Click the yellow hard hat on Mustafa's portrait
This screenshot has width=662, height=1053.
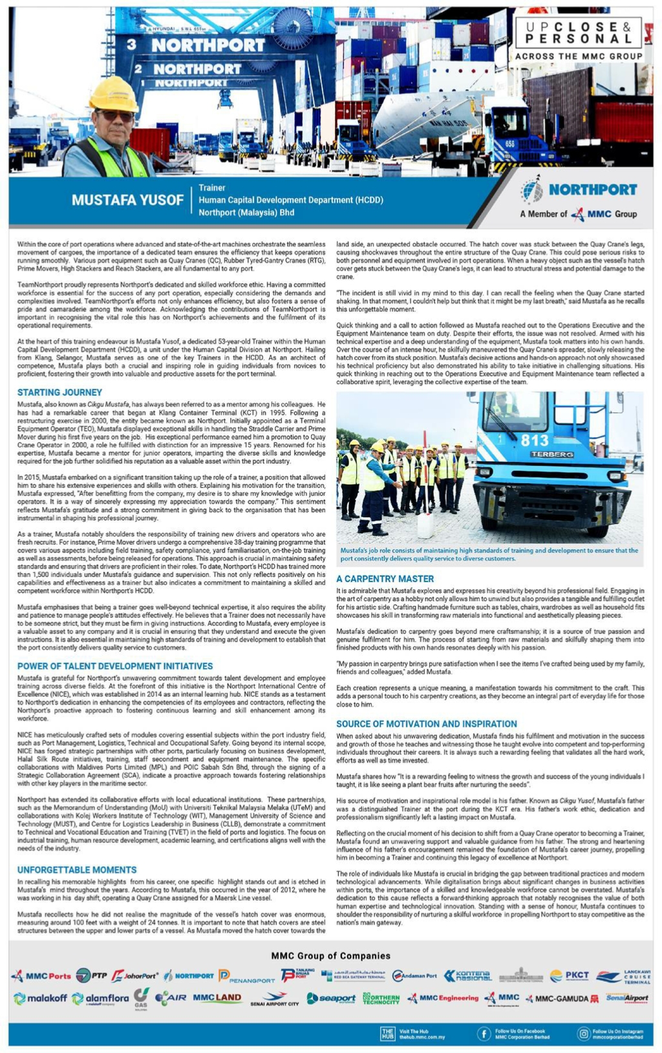coord(113,94)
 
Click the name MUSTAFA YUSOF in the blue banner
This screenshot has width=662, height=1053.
coord(127,200)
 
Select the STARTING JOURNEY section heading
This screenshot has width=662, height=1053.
coord(59,392)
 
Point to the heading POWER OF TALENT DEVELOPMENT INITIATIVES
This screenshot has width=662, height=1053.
coord(115,666)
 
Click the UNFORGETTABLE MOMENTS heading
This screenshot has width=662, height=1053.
coord(77,869)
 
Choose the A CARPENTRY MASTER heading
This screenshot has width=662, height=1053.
coord(385,578)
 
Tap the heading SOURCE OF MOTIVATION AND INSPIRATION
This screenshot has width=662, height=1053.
coord(426,724)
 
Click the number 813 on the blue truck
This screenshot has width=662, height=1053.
coord(535,440)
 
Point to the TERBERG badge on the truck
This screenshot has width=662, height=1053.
coord(551,454)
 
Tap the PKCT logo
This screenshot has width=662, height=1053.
coord(570,975)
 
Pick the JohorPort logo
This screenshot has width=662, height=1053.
coord(134,975)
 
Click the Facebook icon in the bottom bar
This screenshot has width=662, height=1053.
coord(483,1034)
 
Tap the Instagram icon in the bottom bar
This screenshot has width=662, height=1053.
coord(582,1034)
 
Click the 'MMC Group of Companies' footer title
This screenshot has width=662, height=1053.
coord(330,955)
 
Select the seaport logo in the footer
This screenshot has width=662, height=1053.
coord(331,998)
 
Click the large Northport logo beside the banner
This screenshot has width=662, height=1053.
coord(579,190)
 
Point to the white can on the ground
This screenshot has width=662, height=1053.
coord(425,525)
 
